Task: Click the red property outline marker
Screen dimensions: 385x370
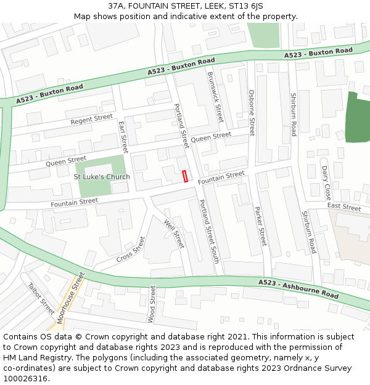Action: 185,176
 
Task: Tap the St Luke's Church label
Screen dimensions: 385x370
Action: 102,177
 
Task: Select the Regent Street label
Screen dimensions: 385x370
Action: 91,119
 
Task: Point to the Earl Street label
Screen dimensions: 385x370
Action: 123,137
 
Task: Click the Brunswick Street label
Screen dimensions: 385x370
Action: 215,97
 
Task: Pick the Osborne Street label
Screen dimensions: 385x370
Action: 252,113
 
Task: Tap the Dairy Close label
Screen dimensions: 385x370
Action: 326,182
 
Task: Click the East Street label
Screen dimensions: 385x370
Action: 344,208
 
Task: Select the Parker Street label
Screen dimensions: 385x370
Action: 260,225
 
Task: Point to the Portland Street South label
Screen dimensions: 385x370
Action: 209,232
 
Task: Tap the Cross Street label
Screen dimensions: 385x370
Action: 131,249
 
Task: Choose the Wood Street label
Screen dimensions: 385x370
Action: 152,304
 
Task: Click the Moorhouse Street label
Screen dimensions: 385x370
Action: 70,298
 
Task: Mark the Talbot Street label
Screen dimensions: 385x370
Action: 41,298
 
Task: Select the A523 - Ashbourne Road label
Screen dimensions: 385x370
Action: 299,289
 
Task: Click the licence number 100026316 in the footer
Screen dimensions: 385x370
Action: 27,379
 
